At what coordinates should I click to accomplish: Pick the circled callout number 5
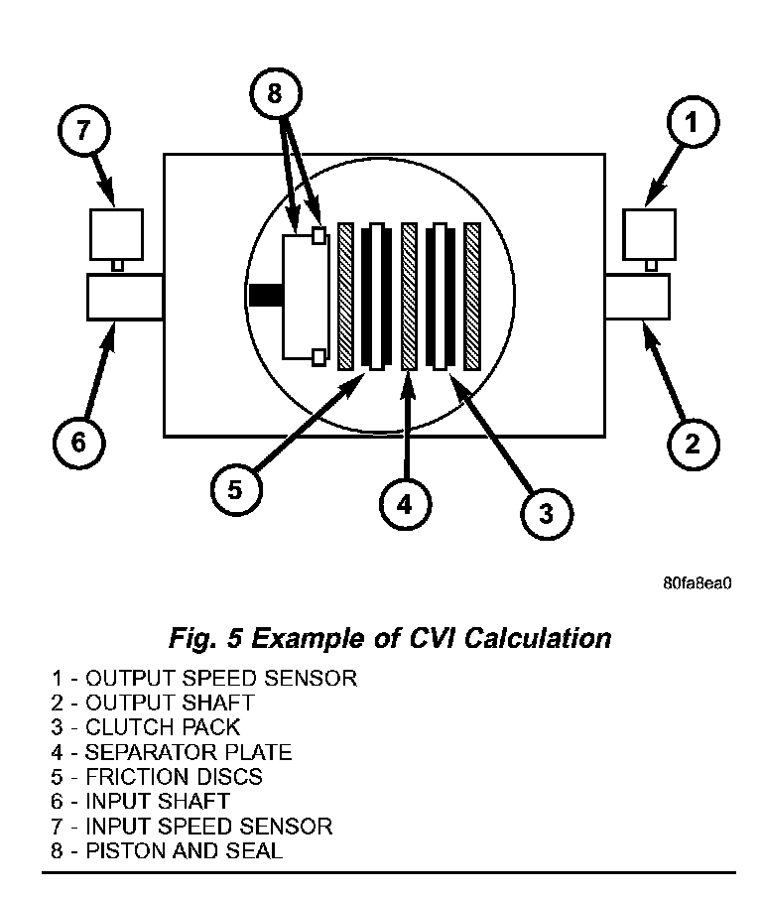pos(235,490)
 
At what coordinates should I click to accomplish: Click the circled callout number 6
pos(77,443)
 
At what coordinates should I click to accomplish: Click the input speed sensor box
pos(115,233)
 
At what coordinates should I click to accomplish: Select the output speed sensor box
pos(648,233)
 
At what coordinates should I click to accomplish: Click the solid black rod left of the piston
pos(266,296)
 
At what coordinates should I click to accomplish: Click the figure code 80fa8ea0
pos(697,582)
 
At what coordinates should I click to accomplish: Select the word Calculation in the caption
pos(531,637)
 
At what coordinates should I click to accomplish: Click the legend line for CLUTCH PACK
pos(147,727)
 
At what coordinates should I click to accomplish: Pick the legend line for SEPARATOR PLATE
pos(173,752)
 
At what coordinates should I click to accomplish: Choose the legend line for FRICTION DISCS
pos(158,777)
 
